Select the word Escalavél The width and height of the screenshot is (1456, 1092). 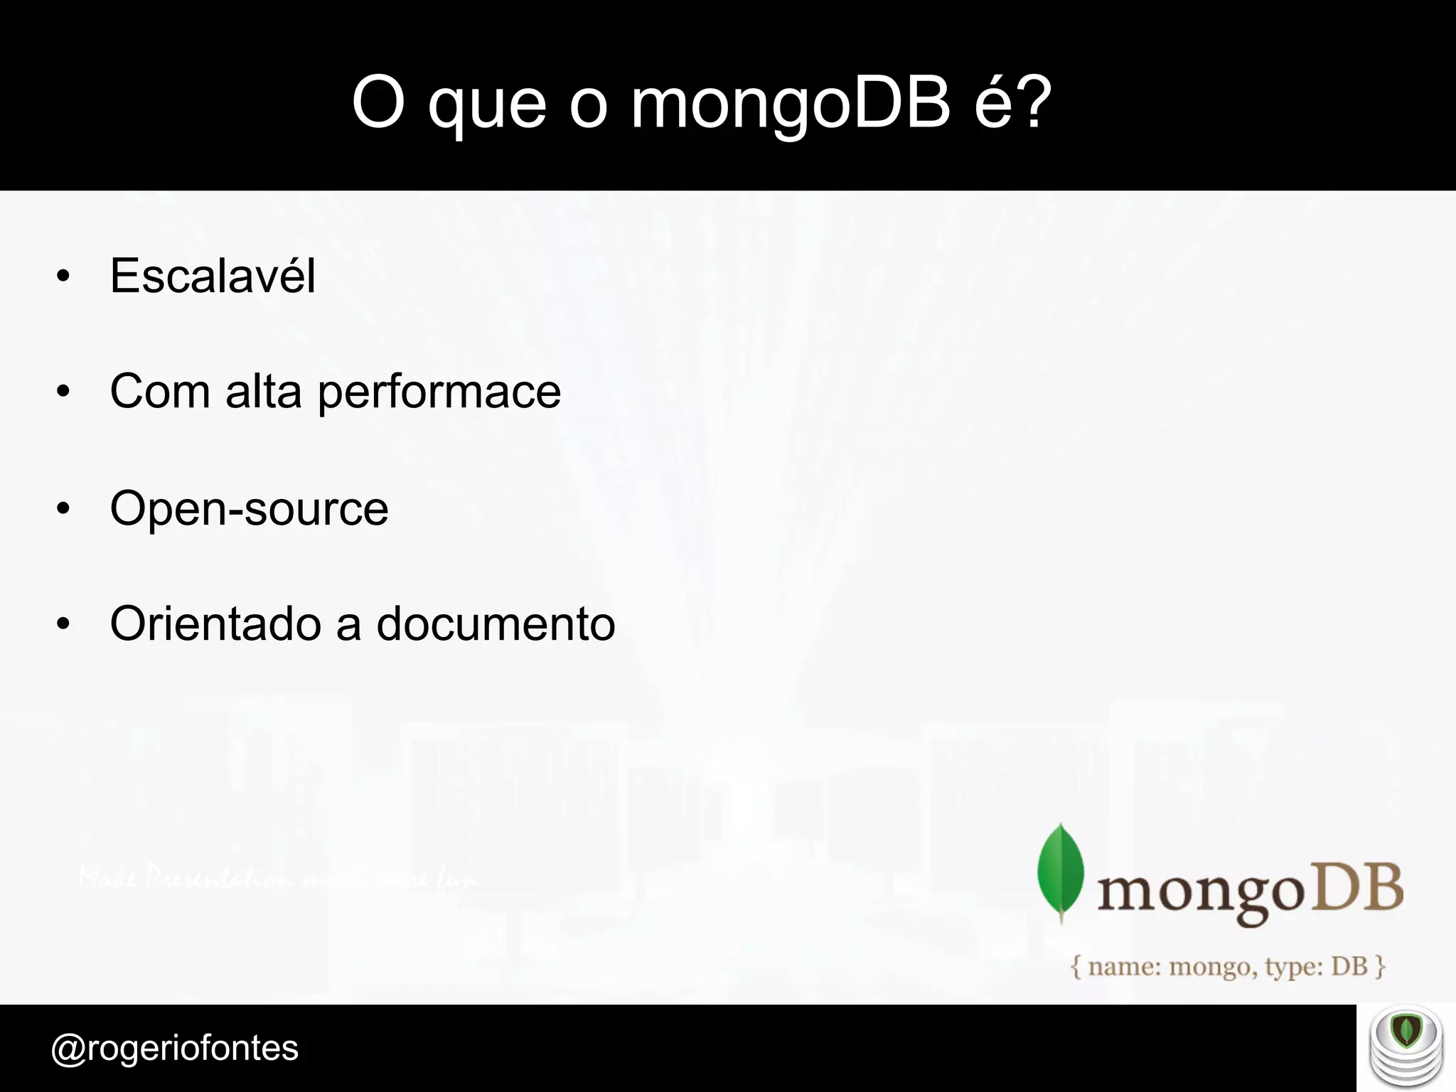click(x=213, y=276)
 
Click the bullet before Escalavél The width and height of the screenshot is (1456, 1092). click(x=63, y=276)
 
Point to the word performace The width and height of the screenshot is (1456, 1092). click(x=439, y=392)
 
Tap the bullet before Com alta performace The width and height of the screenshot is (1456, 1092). click(x=63, y=392)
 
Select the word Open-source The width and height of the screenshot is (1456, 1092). click(x=249, y=508)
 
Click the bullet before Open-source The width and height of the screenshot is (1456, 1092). click(x=63, y=508)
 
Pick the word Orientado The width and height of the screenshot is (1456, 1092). click(x=215, y=623)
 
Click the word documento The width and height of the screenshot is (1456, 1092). click(x=496, y=623)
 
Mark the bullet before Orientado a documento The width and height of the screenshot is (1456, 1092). click(x=63, y=624)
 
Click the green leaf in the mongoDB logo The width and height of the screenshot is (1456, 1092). click(x=1061, y=872)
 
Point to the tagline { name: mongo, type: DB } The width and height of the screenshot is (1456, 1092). click(x=1228, y=967)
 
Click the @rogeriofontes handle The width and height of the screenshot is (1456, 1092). click(x=175, y=1048)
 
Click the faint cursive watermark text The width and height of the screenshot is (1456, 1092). click(x=277, y=880)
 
